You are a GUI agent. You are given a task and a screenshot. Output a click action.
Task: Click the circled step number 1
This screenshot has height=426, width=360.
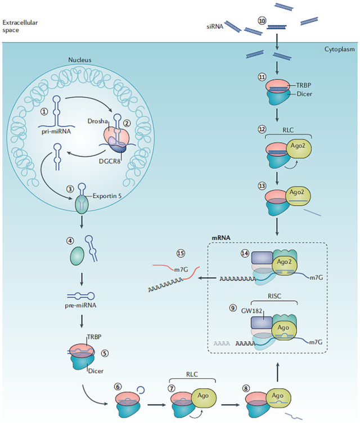coord(44,111)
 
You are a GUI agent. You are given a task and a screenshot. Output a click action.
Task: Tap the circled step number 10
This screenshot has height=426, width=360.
coord(262,21)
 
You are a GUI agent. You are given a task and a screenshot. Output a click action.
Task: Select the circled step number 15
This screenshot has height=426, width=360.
coord(181,253)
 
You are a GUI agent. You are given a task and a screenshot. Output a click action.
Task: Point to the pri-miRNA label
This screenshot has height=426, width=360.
coord(56,132)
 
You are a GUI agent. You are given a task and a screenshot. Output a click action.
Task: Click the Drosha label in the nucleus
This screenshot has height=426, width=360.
coord(98,121)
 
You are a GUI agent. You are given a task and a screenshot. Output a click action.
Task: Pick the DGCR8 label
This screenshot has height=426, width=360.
coord(110,161)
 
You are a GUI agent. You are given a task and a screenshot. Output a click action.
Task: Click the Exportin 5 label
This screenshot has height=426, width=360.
coord(107,196)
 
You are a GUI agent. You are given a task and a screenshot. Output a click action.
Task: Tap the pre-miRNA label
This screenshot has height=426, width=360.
coord(80,305)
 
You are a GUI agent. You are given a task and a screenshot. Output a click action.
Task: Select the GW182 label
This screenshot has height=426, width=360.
coord(251,311)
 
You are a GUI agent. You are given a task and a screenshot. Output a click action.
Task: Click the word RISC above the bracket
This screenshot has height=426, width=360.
coord(274,296)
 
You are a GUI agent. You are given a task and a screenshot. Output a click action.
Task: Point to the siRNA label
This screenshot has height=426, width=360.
coord(215,26)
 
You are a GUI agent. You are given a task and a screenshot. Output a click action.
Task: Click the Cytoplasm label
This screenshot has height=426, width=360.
coord(339,49)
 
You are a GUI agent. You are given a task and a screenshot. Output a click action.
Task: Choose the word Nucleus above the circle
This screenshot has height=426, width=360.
coord(80,60)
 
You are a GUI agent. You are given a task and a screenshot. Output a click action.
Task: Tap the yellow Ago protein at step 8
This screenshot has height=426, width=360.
coord(278,398)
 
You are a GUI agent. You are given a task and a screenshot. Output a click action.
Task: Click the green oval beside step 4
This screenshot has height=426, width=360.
coord(77,256)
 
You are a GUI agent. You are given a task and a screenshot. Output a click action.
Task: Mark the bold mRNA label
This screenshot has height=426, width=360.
coord(221,238)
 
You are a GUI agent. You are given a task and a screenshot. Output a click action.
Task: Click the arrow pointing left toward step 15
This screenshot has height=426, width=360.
coord(208,278)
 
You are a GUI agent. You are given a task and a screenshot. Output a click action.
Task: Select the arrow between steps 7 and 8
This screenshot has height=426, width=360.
coord(231,405)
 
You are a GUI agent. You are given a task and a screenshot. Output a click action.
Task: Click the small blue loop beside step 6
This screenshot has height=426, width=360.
coord(141,390)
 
